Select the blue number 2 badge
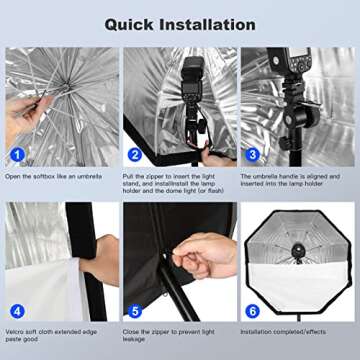point(135,156)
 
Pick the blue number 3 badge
point(252,156)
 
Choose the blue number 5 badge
point(135,311)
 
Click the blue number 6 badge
point(252,311)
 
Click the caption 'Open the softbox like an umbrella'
point(57,177)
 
